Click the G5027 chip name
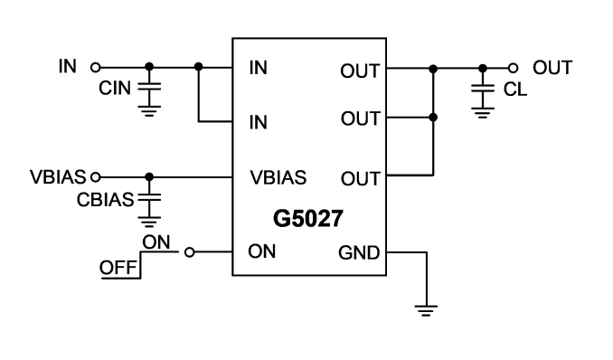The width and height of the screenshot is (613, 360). coord(308,218)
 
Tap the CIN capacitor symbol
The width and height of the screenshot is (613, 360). coord(149,87)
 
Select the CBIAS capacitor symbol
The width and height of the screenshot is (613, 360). coord(149,197)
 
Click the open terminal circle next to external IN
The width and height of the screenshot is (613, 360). coord(95,67)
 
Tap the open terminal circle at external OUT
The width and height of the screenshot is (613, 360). coord(513,69)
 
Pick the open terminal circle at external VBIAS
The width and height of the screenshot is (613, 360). coord(95,177)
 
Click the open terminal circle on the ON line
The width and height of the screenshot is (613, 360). coord(189,252)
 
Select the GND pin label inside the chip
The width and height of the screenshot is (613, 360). coord(359,252)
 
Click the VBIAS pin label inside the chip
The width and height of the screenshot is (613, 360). coord(278,177)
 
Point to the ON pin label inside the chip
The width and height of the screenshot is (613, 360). coord(262,251)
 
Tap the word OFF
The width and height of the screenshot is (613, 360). coord(118,268)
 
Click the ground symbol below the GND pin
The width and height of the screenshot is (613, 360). coord(426,310)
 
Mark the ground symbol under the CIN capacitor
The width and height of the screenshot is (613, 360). coord(149,111)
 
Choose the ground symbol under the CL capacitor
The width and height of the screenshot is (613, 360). coord(483,113)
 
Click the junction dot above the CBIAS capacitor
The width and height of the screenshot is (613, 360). coord(149,177)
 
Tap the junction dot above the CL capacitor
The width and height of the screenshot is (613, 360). coord(483,69)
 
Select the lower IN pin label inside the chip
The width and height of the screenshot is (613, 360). coord(259,122)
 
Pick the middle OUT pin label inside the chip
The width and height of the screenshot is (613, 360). coord(360,118)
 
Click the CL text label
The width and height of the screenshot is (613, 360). coord(515,90)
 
